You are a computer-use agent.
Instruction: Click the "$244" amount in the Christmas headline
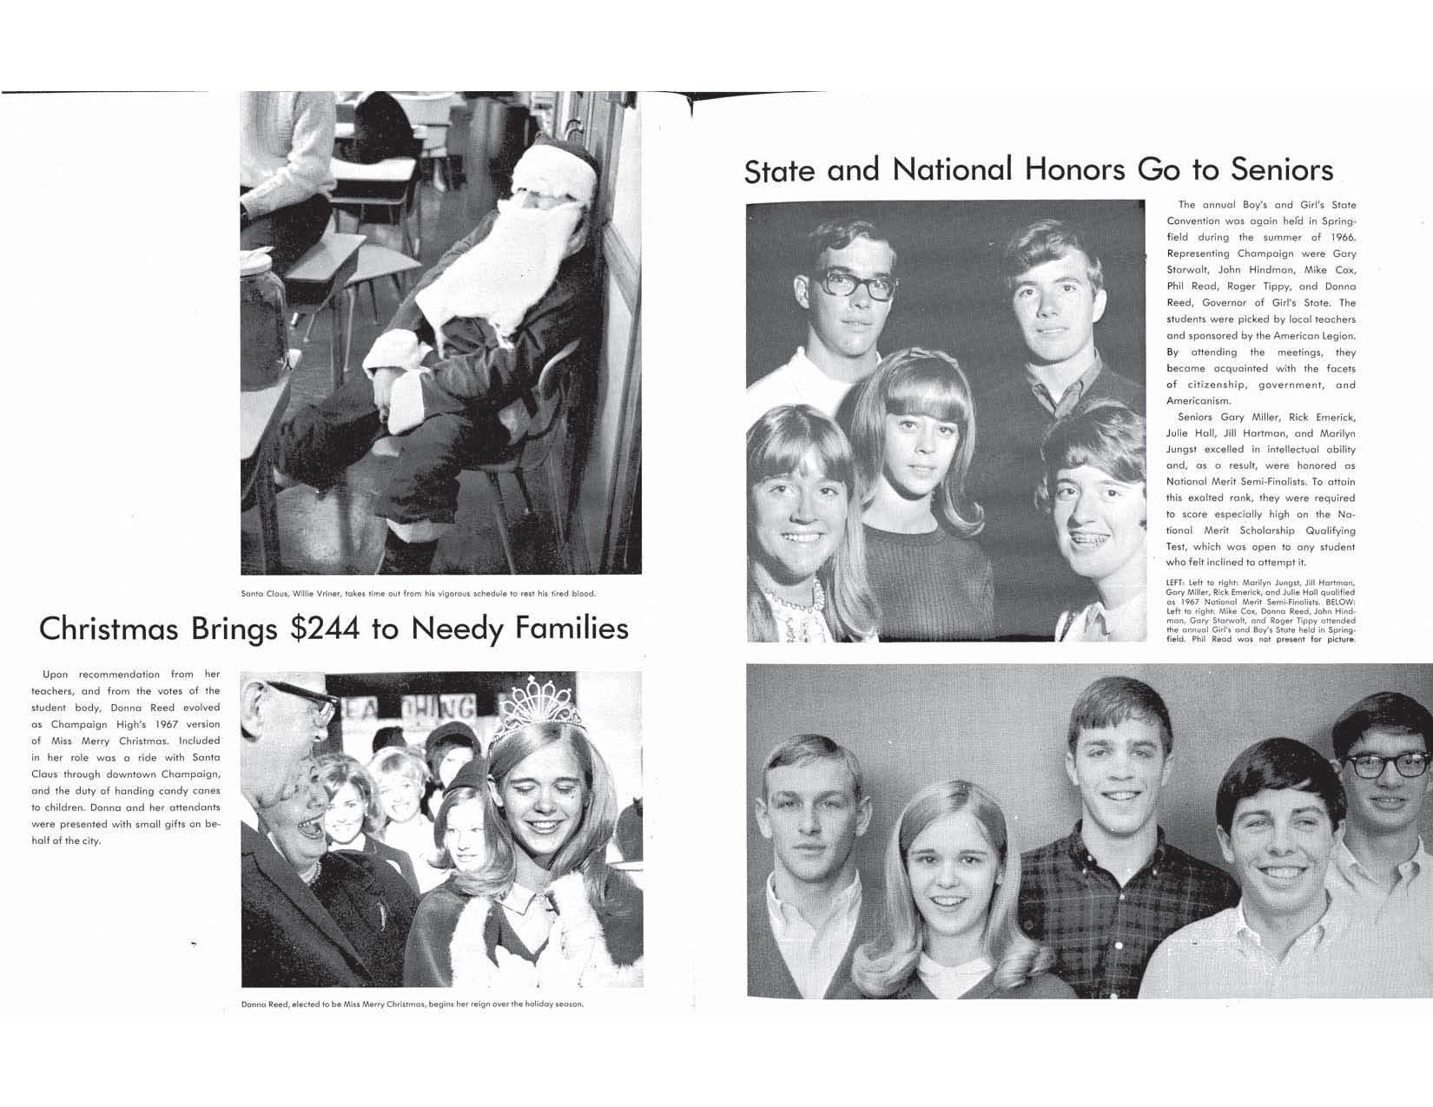coord(325,628)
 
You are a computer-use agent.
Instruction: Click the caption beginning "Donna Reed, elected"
coord(412,1005)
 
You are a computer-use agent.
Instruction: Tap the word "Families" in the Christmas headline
coord(571,628)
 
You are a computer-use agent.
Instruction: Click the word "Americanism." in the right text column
coord(1199,401)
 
